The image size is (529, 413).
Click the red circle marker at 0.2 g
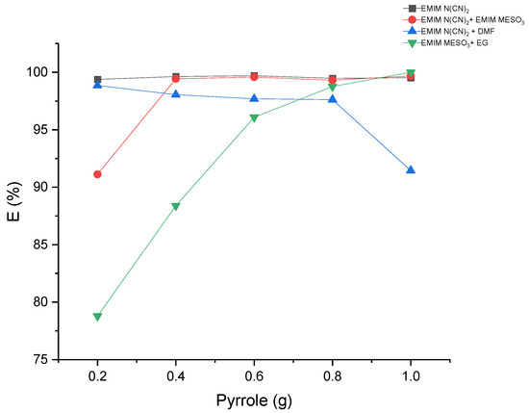click(x=97, y=174)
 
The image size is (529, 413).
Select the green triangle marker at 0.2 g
click(x=97, y=317)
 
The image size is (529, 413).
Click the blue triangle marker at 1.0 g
click(x=411, y=169)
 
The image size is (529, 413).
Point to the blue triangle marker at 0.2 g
click(x=97, y=85)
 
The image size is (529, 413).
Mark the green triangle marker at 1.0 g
click(x=411, y=73)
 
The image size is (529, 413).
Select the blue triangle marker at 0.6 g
click(x=254, y=98)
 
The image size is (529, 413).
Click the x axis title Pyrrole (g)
click(x=254, y=399)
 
